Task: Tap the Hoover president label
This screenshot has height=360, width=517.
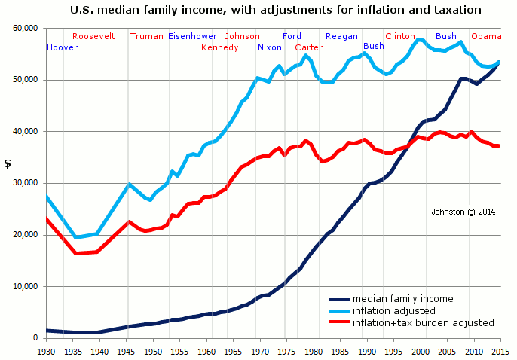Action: click(x=62, y=47)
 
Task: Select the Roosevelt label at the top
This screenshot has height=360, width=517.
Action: click(x=93, y=36)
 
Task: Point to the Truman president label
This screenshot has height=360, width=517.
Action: click(x=146, y=36)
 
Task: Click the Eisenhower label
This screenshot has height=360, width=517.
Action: click(x=192, y=36)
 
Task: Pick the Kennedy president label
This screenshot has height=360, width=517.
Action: click(x=219, y=47)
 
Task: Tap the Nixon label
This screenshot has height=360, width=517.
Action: click(x=269, y=47)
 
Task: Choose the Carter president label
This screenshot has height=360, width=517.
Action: click(x=308, y=47)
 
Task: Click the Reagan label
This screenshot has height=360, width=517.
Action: click(x=341, y=36)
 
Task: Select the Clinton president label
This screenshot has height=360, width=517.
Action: click(x=399, y=36)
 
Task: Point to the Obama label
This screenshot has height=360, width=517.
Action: click(x=486, y=36)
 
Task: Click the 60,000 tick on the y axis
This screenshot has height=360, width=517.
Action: click(x=25, y=28)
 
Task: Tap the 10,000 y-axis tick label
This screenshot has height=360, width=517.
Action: click(x=25, y=286)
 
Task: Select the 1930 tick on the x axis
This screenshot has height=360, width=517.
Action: click(x=46, y=352)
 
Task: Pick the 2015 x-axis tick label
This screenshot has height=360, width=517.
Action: click(x=500, y=352)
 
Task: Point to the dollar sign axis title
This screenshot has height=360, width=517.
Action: click(x=8, y=163)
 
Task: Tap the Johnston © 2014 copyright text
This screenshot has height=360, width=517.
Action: click(x=463, y=212)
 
